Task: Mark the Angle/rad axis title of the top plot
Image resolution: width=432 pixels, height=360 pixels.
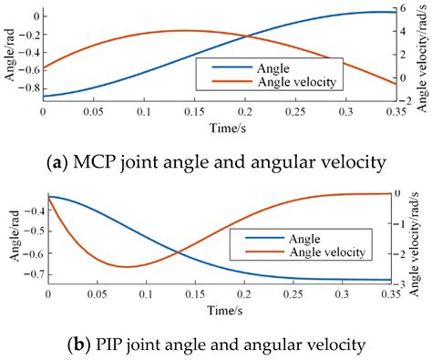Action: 8,56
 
